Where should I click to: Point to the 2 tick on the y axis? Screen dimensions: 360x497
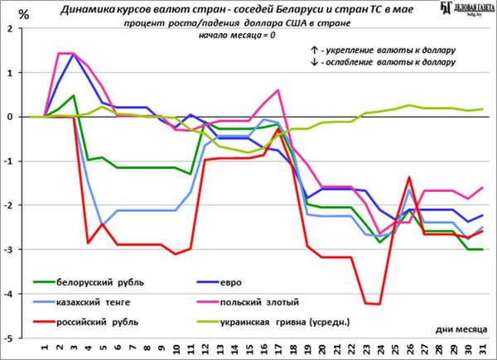pos(10,28)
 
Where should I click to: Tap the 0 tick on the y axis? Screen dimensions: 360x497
pos(10,117)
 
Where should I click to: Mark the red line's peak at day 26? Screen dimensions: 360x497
pos(408,177)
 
